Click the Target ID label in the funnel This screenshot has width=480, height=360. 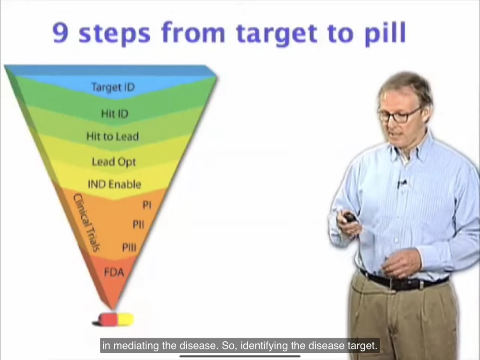coord(113,87)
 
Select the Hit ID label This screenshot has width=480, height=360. coord(115,114)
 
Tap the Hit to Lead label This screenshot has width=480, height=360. coord(113,136)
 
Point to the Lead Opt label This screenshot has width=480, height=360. coord(114,162)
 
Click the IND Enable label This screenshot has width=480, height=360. coord(115,184)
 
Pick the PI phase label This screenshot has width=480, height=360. coord(147,205)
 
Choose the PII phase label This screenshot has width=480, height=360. coord(138,225)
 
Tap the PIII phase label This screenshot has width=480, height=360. coord(129,247)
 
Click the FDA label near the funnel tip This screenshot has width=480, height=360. coord(114,272)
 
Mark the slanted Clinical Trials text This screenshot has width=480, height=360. coord(86,223)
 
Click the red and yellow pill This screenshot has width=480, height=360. coord(114,320)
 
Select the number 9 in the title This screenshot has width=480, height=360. coord(60,33)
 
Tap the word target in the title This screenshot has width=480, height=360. coord(277,34)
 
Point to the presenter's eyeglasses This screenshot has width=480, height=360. coord(399,116)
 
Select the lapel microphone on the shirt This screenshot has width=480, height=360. coord(402,183)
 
